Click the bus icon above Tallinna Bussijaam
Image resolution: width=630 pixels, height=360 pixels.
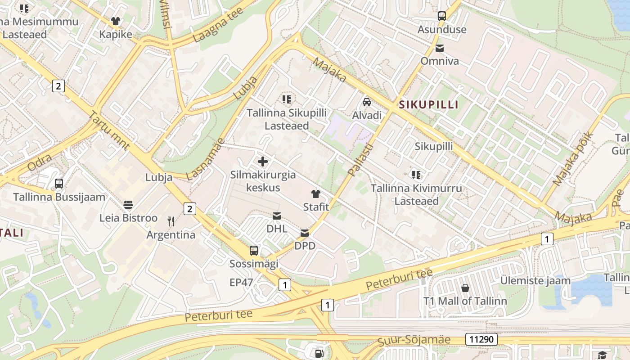pos(59,184)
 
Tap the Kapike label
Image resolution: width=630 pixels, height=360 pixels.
pos(116,35)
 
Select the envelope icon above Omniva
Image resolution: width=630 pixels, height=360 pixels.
pos(440,48)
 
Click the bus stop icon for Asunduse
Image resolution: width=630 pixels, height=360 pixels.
pos(442,16)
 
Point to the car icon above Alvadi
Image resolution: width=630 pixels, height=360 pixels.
pos(367,102)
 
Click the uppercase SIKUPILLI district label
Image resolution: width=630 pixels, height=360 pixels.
pos(428,105)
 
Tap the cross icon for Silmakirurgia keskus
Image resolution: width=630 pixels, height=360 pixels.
pos(263,162)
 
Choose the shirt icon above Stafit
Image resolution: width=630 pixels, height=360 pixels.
pos(316,194)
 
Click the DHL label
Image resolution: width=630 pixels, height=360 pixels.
pos(277,229)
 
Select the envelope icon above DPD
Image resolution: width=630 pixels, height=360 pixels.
pos(305,233)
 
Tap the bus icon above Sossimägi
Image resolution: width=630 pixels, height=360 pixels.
pos(254,251)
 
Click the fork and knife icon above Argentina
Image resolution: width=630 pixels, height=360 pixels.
pos(171,221)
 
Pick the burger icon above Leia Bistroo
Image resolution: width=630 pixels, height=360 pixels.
pos(128,205)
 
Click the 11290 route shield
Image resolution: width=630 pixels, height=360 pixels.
pos(481,339)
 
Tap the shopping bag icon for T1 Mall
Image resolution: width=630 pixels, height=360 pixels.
pos(465,288)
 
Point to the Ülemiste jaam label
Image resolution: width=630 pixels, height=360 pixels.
pos(535,281)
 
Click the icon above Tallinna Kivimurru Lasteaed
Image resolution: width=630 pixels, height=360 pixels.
pos(416,175)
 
